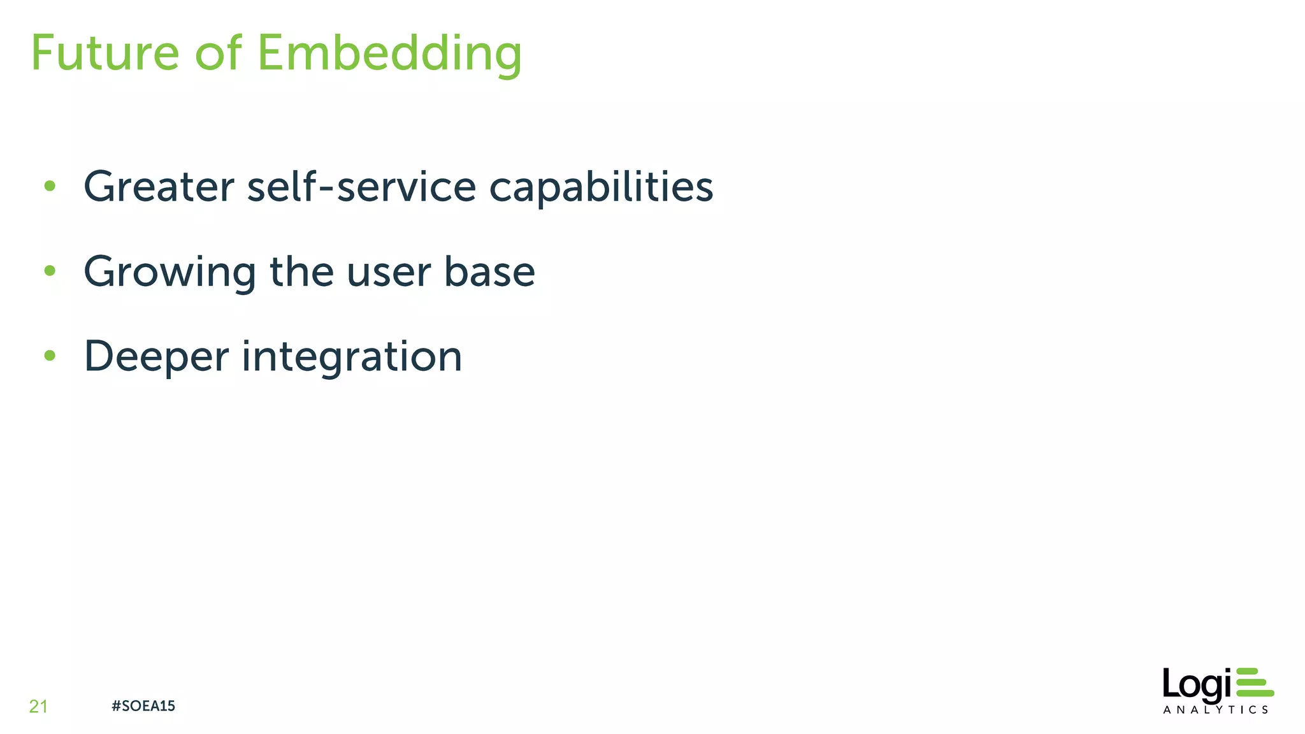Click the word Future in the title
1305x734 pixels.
point(105,53)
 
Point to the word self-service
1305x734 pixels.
point(361,187)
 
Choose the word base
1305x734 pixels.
point(489,271)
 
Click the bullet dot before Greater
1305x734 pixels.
point(50,187)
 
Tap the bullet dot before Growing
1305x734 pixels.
point(50,271)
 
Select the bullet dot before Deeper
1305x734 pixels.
point(50,356)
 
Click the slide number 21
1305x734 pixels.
point(38,706)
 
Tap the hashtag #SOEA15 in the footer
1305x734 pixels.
point(143,706)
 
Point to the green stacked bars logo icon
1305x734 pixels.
point(1254,682)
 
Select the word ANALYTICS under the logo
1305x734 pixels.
point(1215,710)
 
